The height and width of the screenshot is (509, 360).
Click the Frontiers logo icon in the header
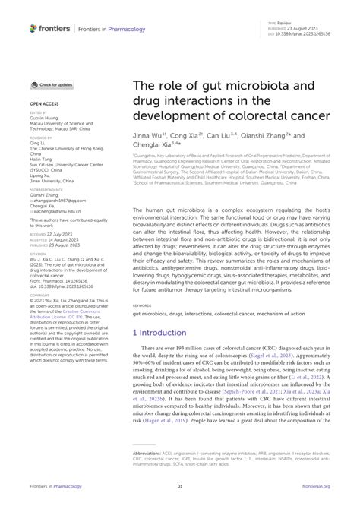click(x=33, y=28)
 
